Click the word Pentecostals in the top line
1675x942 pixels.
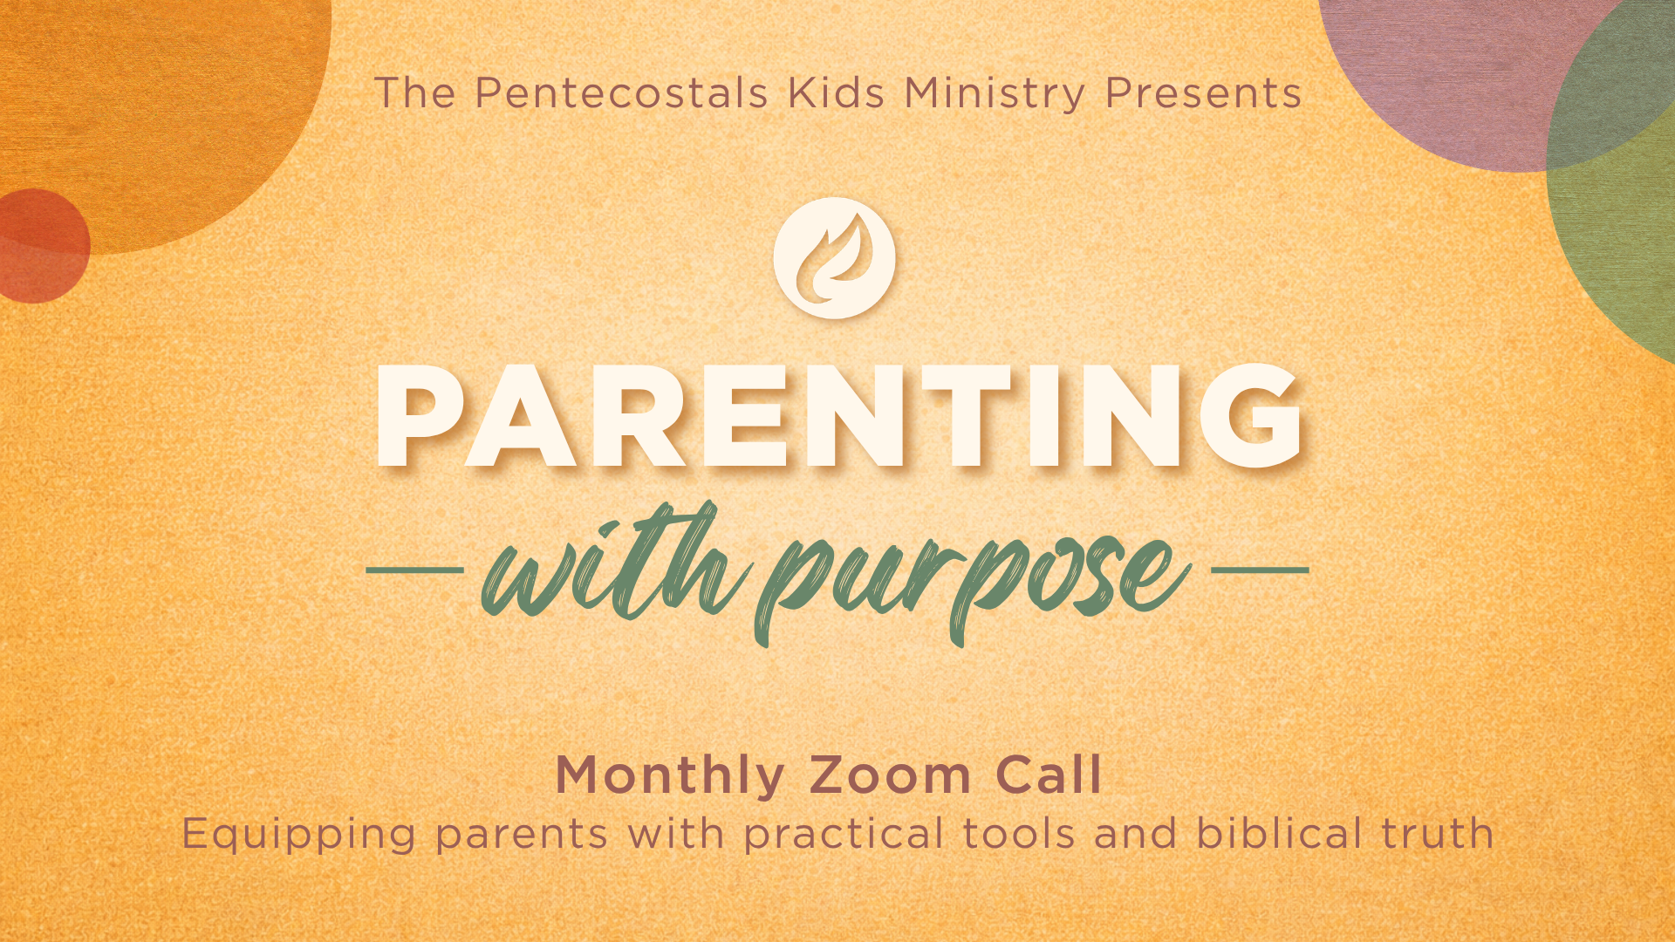coord(621,93)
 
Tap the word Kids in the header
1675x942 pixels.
coord(836,93)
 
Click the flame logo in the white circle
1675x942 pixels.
coord(834,258)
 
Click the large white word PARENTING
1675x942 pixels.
coord(838,416)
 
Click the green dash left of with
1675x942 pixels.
coord(414,570)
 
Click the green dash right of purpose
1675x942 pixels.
coord(1261,570)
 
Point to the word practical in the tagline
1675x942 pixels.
coord(844,835)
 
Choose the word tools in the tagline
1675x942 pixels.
coord(1019,834)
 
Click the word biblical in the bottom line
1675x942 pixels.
coord(1279,833)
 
